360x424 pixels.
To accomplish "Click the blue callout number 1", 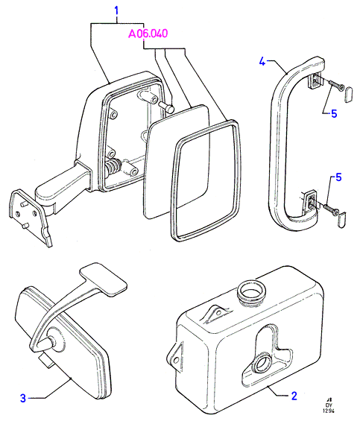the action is [116, 11].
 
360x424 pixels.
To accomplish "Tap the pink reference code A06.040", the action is [148, 34].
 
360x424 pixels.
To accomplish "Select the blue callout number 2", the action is [294, 396].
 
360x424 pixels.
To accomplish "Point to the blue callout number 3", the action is [23, 398].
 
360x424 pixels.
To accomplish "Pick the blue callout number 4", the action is [262, 61].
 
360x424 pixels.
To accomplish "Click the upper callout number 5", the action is [334, 114].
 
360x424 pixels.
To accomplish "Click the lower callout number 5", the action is [338, 177].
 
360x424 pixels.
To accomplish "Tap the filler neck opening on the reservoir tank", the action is [251, 291].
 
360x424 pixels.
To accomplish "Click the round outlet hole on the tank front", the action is [263, 364].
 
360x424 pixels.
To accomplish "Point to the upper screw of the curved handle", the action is [335, 85].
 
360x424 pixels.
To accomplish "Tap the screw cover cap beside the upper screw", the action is [349, 95].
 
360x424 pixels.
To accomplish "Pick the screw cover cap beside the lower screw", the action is [342, 220].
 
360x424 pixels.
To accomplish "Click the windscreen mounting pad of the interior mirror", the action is [104, 279].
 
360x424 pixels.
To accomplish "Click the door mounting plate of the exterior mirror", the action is [30, 215].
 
